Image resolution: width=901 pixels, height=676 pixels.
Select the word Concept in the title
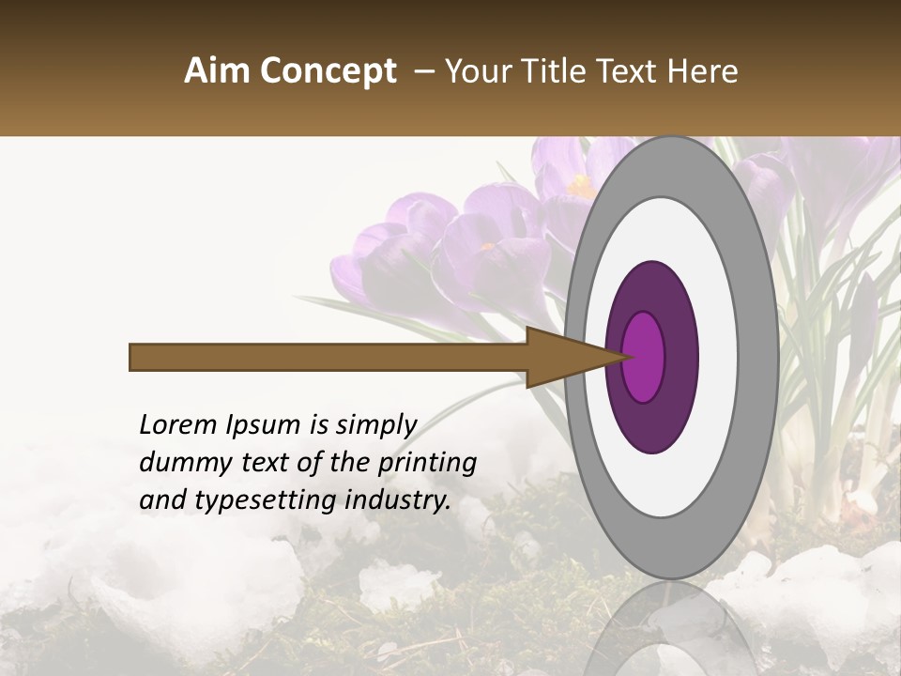[328, 72]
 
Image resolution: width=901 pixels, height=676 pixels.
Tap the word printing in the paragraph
[428, 464]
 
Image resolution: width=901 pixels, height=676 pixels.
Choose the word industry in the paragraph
[398, 500]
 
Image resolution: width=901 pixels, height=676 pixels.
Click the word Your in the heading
[470, 71]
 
